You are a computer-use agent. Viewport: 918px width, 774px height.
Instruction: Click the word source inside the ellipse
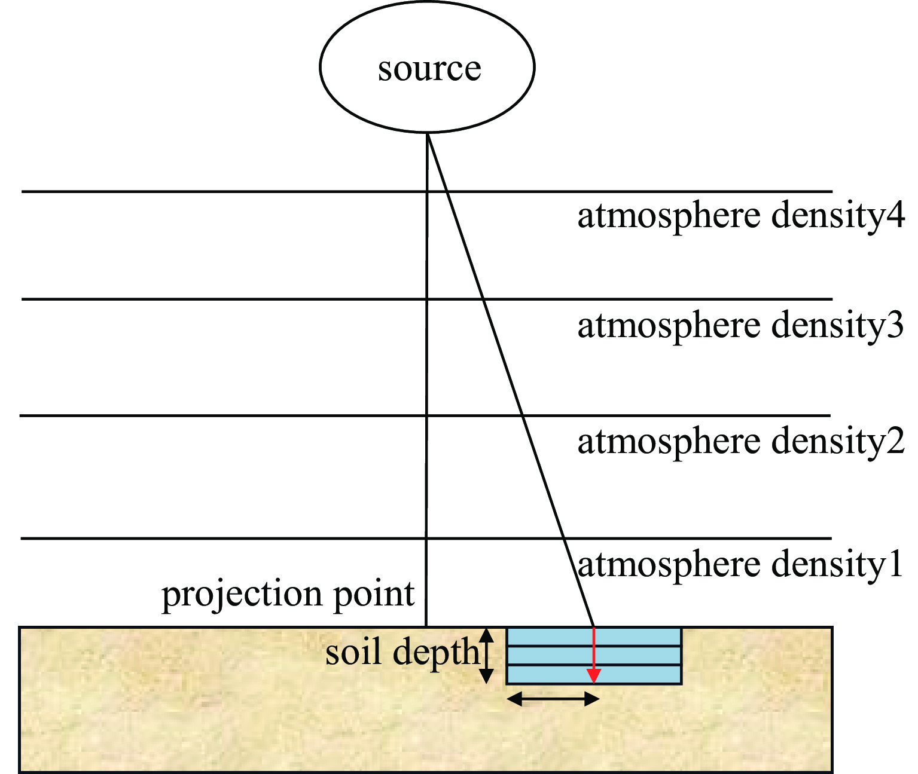429,69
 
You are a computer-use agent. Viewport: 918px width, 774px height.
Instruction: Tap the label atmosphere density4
740,216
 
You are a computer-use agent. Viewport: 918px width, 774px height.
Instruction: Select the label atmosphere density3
740,326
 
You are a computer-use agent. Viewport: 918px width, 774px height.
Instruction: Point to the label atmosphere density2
740,442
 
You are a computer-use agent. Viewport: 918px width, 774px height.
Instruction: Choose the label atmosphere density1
740,565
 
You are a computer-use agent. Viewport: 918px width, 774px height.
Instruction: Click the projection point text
288,595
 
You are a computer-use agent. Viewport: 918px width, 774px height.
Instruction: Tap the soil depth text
402,653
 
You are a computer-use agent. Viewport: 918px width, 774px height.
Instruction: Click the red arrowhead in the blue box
593,676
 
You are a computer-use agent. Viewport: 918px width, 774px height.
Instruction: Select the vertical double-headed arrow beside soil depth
487,655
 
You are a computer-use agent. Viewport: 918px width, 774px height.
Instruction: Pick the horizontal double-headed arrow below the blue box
553,698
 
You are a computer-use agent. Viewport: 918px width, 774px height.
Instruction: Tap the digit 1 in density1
895,565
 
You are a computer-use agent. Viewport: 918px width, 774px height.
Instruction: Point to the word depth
437,653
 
